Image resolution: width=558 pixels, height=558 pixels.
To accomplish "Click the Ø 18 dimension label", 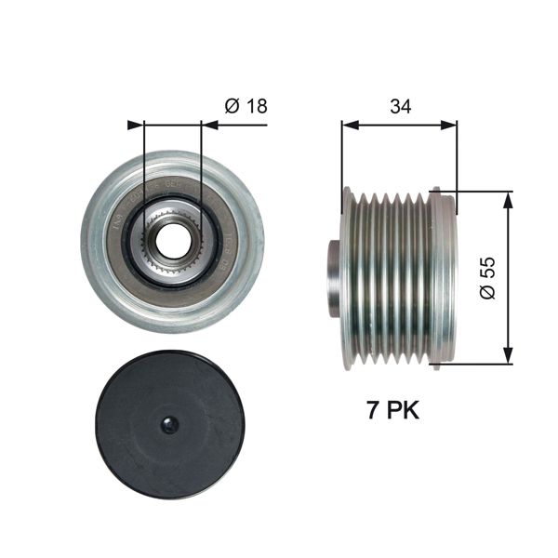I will click(246, 106).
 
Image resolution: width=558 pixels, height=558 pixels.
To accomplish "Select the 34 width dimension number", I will click(400, 106).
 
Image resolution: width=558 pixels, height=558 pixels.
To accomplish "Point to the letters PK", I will click(402, 410).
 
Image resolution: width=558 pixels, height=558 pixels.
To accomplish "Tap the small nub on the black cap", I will click(169, 426).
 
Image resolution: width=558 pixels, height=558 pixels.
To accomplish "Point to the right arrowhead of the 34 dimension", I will click(452, 123).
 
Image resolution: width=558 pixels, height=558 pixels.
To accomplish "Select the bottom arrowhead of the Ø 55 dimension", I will click(508, 357).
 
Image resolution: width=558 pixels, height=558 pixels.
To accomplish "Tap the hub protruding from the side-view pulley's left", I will click(334, 279).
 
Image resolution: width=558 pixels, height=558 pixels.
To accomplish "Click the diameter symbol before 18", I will click(232, 106).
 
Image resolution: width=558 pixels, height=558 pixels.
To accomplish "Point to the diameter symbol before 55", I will click(490, 297).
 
